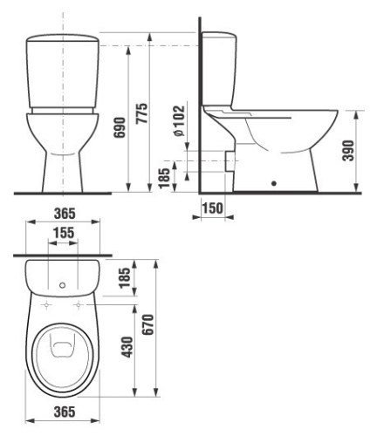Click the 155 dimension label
pyautogui.click(x=62, y=235)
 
